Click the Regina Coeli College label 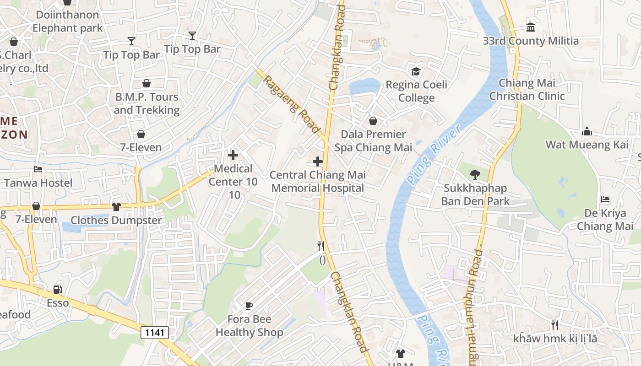pyautogui.click(x=416, y=91)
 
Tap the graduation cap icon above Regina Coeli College pyautogui.click(x=416, y=71)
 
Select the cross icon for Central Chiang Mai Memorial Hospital pyautogui.click(x=318, y=161)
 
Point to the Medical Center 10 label pyautogui.click(x=233, y=175)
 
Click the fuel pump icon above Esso pyautogui.click(x=58, y=290)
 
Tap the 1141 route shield pyautogui.click(x=155, y=333)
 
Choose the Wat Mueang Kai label pyautogui.click(x=587, y=145)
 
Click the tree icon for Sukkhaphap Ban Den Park pyautogui.click(x=475, y=174)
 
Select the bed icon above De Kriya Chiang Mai pyautogui.click(x=605, y=199)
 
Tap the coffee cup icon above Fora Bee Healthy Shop pyautogui.click(x=249, y=306)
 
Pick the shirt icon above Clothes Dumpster pyautogui.click(x=116, y=207)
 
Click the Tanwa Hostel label pyautogui.click(x=38, y=183)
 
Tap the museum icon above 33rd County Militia pyautogui.click(x=531, y=27)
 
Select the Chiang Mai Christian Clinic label pyautogui.click(x=527, y=90)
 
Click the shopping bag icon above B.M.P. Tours pyautogui.click(x=147, y=83)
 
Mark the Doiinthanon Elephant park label pyautogui.click(x=67, y=22)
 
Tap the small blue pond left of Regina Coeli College pyautogui.click(x=364, y=86)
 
